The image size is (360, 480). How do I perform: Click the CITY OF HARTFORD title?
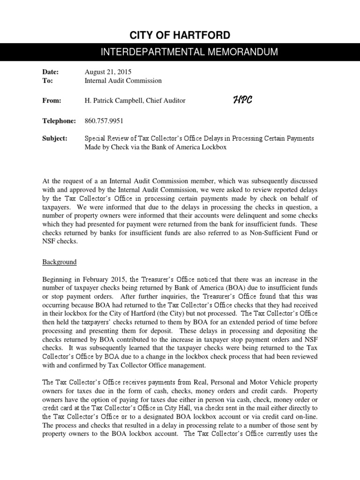tap(180, 35)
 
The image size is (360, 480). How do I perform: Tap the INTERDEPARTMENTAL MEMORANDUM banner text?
tap(180, 52)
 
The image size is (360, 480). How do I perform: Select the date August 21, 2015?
tap(108, 72)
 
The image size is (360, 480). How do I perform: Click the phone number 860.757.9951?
tap(104, 121)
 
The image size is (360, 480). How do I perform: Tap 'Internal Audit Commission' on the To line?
tap(123, 81)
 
